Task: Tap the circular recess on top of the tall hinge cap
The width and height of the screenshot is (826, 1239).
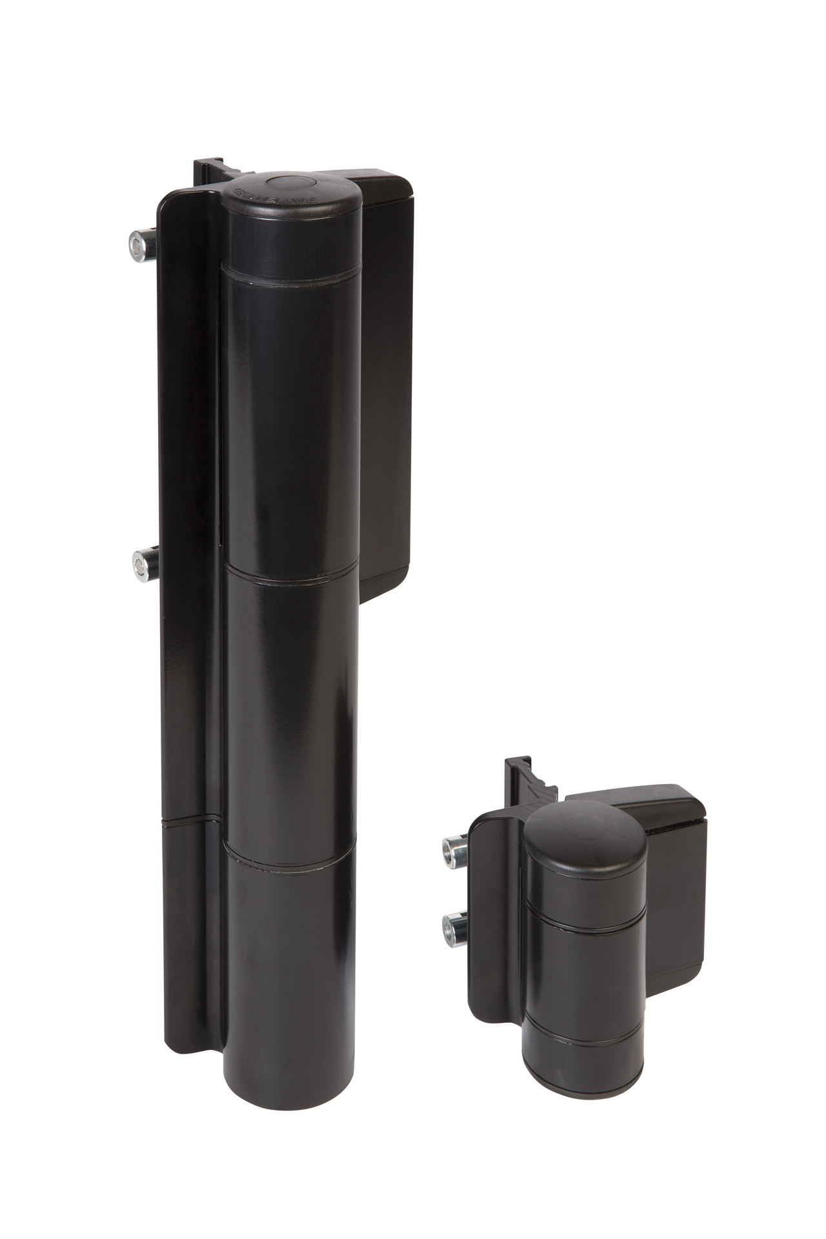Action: [291, 185]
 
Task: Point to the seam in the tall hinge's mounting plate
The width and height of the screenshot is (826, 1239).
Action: [187, 821]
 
